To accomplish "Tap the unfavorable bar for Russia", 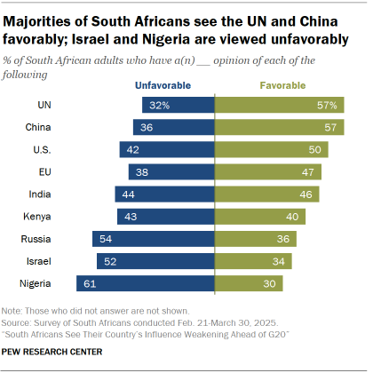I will pyautogui.click(x=154, y=239).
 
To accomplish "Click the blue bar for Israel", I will pyautogui.click(x=156, y=261).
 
